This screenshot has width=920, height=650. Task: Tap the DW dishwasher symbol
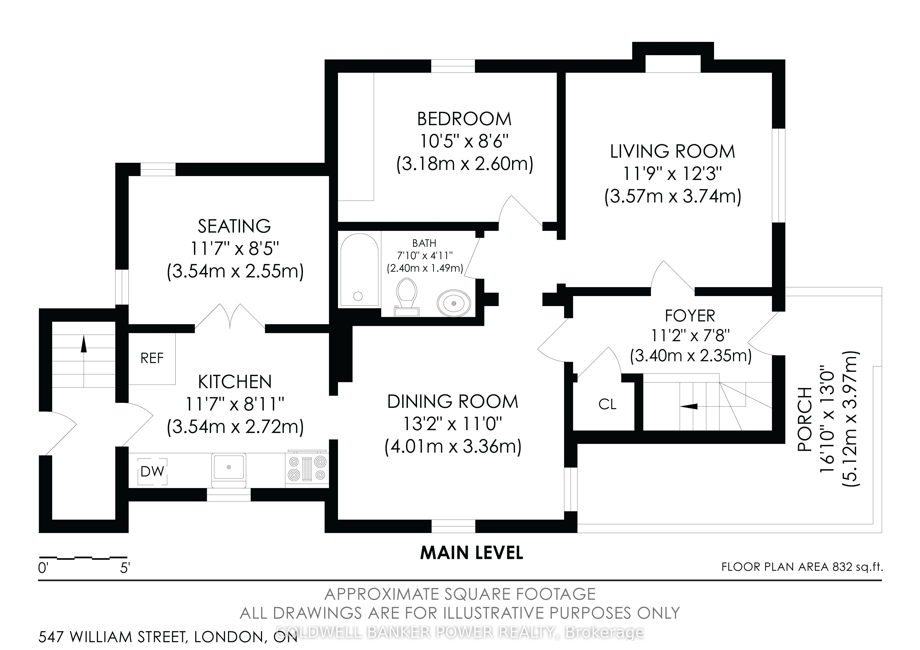[152, 471]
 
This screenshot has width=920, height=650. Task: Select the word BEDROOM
[464, 119]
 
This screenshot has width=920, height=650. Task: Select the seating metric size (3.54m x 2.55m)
[235, 271]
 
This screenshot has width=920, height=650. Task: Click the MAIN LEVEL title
[472, 553]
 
